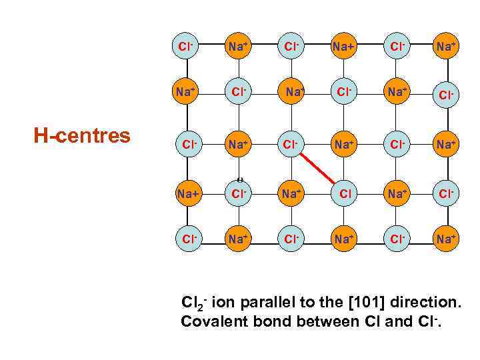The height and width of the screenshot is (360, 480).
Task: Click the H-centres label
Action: click(x=82, y=136)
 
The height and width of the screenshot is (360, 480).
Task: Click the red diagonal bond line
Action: click(x=317, y=167)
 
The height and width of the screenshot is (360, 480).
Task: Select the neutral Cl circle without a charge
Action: click(x=344, y=194)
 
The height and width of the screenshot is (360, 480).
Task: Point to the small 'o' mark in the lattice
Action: click(x=239, y=179)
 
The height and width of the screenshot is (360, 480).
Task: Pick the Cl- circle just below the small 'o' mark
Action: click(x=239, y=194)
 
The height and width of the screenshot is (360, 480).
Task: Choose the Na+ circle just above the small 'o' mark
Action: click(x=239, y=142)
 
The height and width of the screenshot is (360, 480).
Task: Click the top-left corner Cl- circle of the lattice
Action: click(x=186, y=47)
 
